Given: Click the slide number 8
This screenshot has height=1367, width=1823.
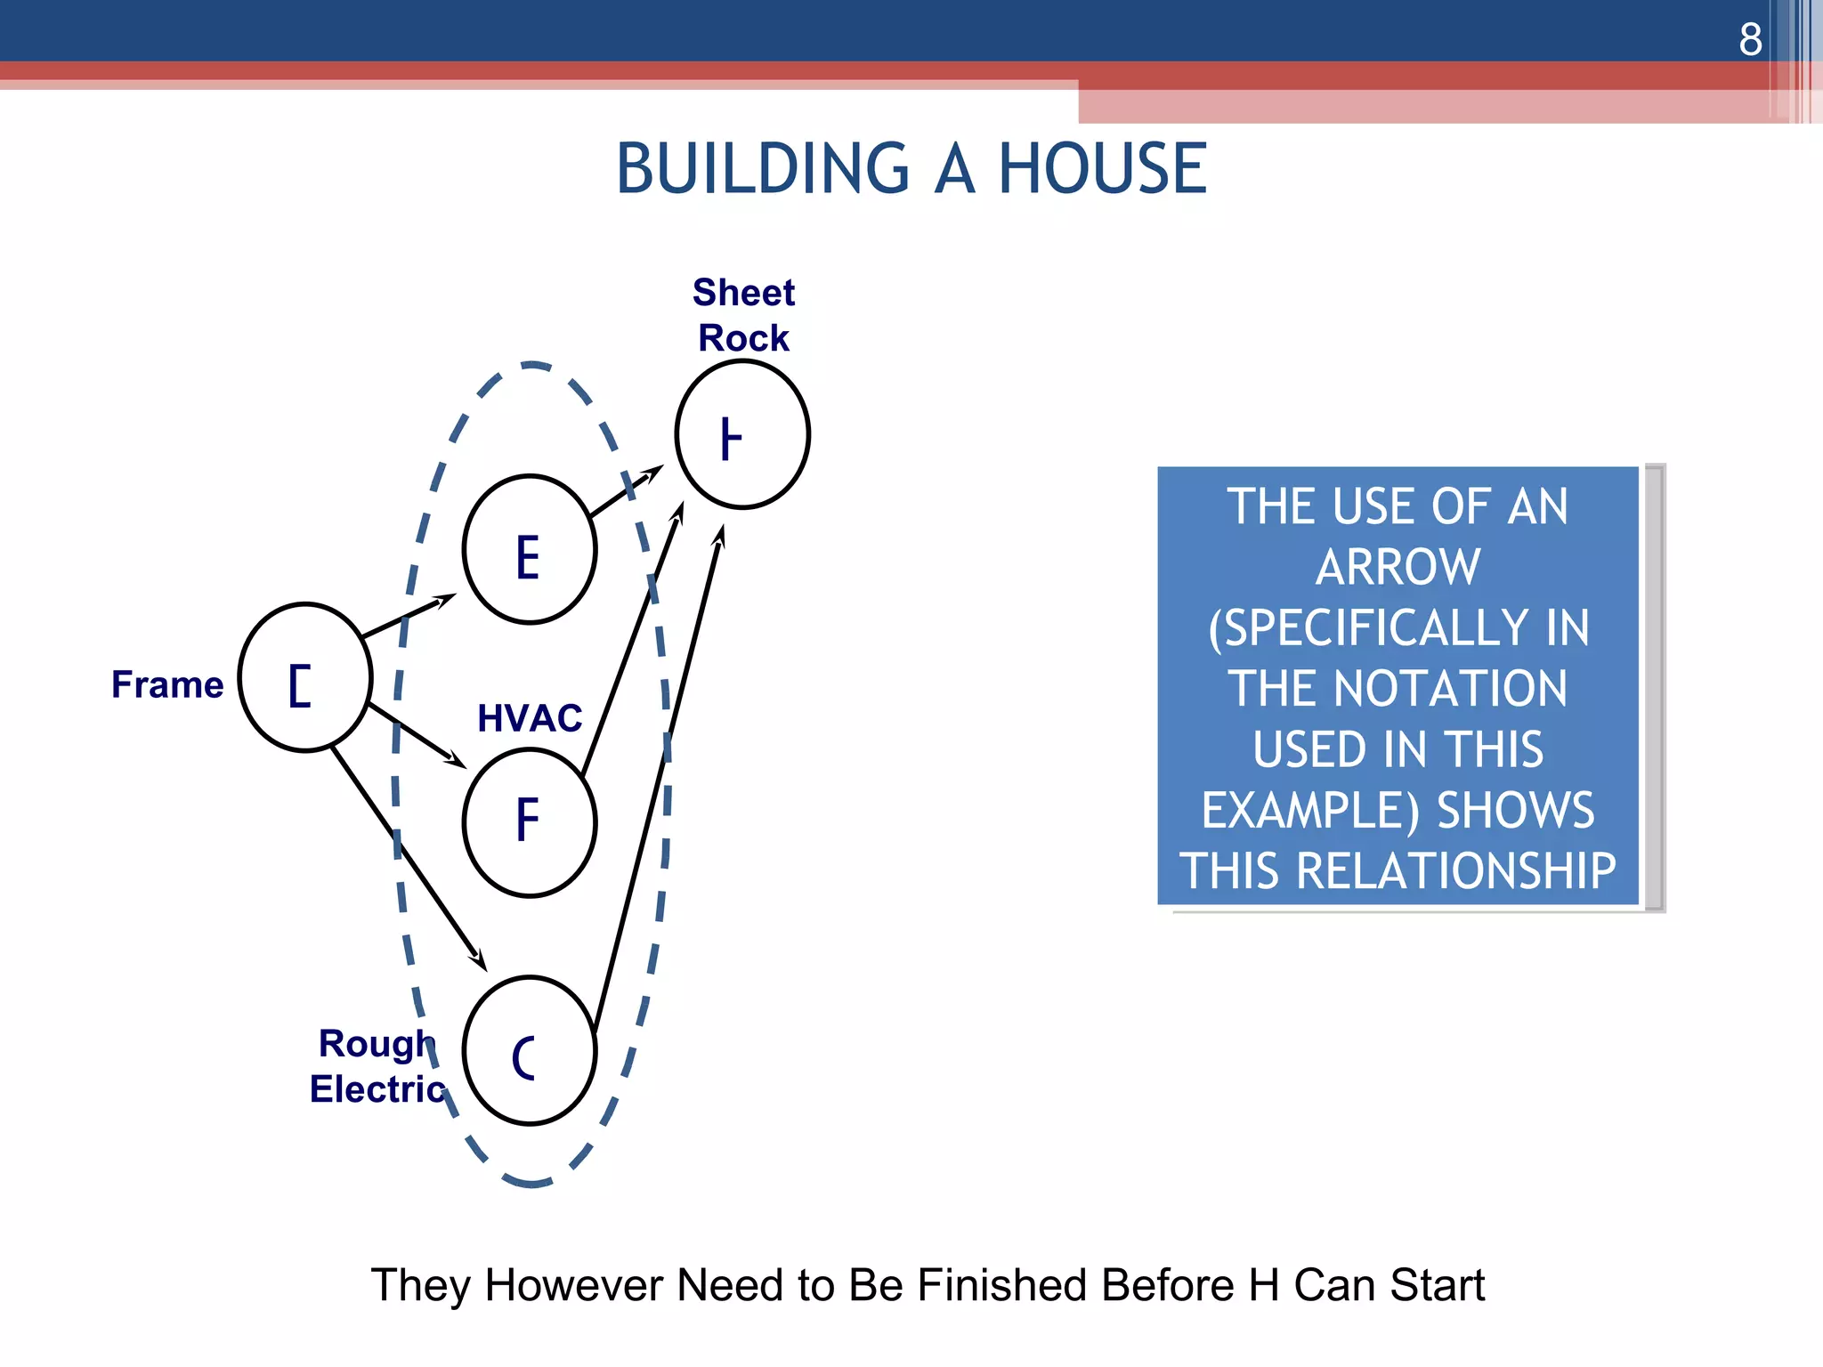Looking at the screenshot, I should coord(1750,39).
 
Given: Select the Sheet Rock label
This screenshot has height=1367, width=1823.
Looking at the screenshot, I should coord(743,315).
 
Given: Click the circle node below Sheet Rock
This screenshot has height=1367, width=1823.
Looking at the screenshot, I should coord(742,434).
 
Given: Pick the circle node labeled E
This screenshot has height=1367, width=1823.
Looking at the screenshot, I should coord(530,550).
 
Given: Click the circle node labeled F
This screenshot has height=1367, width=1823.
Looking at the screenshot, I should coord(530,822).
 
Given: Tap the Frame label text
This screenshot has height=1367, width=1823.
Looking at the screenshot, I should coord(167,684).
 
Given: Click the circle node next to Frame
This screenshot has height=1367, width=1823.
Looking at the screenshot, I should coord(305,678).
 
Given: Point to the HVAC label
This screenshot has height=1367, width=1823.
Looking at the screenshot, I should coord(530,717).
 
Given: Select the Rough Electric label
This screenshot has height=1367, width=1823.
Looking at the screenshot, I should coord(377,1066).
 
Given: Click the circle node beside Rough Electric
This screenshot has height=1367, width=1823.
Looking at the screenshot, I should coord(530,1051).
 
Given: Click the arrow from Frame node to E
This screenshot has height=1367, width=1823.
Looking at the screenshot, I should coord(408,616).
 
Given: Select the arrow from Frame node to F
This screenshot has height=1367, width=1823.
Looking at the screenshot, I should coord(417,735).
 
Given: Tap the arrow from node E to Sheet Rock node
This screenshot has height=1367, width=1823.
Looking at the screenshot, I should coord(626,491).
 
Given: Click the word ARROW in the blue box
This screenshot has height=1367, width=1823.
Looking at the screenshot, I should coord(1398,567).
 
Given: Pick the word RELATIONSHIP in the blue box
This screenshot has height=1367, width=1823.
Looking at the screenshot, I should coord(1455,870).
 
